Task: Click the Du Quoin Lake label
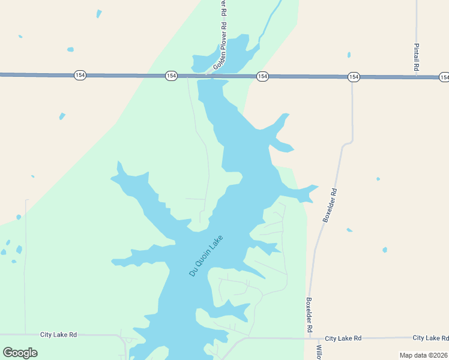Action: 206,255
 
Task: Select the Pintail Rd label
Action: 416,57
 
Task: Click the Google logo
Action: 20,353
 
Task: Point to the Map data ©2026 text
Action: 424,355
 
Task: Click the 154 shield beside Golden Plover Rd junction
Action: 172,76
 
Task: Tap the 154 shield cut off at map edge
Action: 444,77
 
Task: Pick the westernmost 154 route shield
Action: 80,75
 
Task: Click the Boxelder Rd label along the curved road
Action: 331,206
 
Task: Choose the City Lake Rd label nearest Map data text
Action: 430,338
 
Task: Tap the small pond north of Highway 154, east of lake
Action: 349,55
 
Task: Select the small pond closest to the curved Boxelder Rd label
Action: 349,229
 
